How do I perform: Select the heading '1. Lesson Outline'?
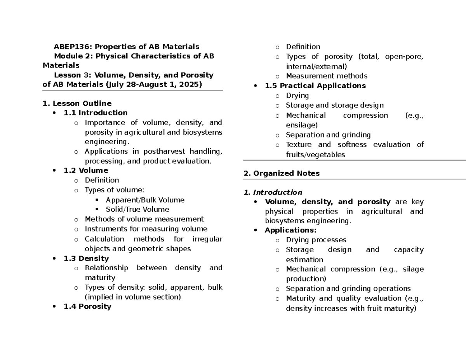(77, 103)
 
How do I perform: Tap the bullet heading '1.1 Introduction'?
(95, 113)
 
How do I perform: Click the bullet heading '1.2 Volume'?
(85, 170)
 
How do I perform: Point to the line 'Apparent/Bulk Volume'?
(144, 200)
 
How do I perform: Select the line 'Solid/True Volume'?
(137, 209)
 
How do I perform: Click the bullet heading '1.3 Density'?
(86, 258)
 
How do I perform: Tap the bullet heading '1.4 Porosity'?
(87, 306)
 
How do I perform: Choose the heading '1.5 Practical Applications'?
(315, 85)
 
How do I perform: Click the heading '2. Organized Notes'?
(281, 174)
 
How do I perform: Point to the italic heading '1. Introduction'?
(273, 192)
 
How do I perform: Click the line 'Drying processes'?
(316, 240)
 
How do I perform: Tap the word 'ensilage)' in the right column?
(301, 125)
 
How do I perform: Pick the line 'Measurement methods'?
(326, 76)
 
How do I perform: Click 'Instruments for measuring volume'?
(146, 229)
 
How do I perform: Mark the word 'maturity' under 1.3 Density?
(100, 278)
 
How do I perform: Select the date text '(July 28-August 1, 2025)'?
(151, 84)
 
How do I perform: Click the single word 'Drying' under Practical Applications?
(297, 96)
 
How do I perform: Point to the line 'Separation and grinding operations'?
(348, 289)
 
